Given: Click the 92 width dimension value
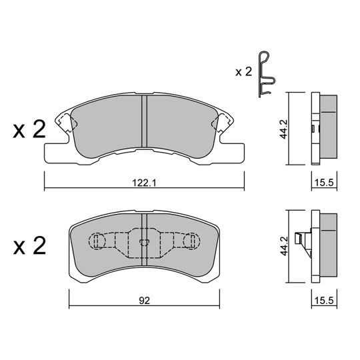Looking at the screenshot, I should coord(144,300).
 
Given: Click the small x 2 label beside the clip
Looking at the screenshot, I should coord(243,71).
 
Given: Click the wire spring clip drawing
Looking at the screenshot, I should coord(265,75).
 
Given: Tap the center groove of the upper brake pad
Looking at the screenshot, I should coord(144,123).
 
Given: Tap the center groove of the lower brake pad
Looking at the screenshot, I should coord(144,243).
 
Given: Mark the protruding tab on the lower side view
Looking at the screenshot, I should coord(305,238).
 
